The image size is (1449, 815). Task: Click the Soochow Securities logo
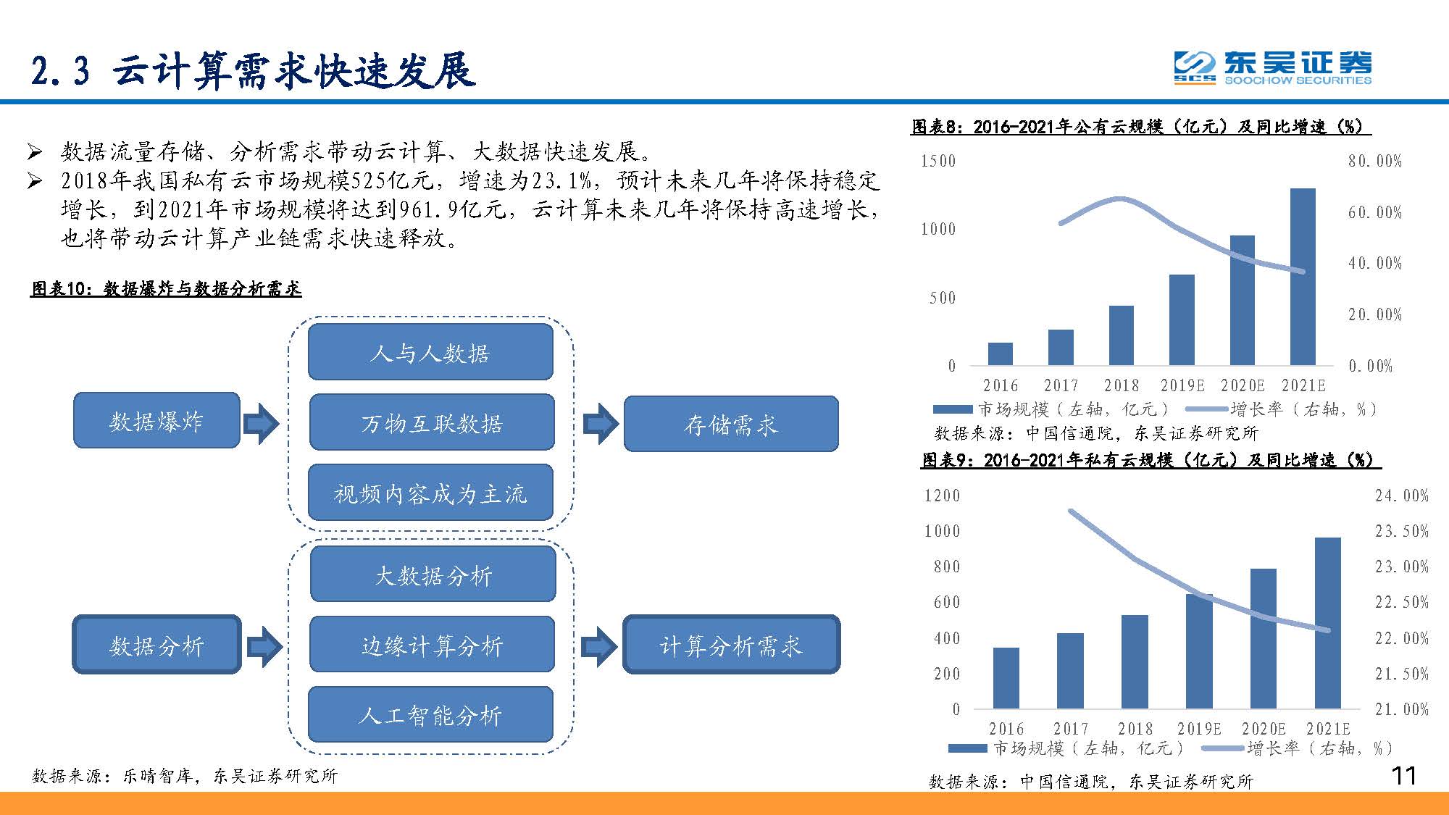pyautogui.click(x=1272, y=68)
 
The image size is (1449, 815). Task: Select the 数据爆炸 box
pyautogui.click(x=156, y=420)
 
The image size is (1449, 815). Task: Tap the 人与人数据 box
pyautogui.click(x=430, y=352)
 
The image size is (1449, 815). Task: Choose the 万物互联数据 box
pyautogui.click(x=431, y=422)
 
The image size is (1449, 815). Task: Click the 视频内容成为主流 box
pyautogui.click(x=430, y=493)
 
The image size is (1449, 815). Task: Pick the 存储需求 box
pyautogui.click(x=730, y=424)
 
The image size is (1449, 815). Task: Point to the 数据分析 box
pyautogui.click(x=156, y=644)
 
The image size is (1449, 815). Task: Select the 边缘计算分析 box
pyautogui.click(x=432, y=644)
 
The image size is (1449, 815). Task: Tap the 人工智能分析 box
pyautogui.click(x=430, y=714)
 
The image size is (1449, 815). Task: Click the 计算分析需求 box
pyautogui.click(x=731, y=644)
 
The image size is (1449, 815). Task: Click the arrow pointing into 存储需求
pyautogui.click(x=600, y=423)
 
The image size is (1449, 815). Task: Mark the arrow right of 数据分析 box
pyautogui.click(x=264, y=645)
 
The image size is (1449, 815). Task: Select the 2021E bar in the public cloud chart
pyautogui.click(x=1303, y=277)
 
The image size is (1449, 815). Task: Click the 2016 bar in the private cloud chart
pyautogui.click(x=1006, y=678)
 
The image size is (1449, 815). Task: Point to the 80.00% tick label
pyautogui.click(x=1374, y=161)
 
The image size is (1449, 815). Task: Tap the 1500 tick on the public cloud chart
pyautogui.click(x=938, y=161)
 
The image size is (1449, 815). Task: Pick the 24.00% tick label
pyautogui.click(x=1401, y=496)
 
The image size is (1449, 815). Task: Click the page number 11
pyautogui.click(x=1403, y=776)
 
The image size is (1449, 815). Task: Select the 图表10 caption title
pyautogui.click(x=166, y=288)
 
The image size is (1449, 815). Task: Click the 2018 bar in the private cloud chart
pyautogui.click(x=1135, y=661)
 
